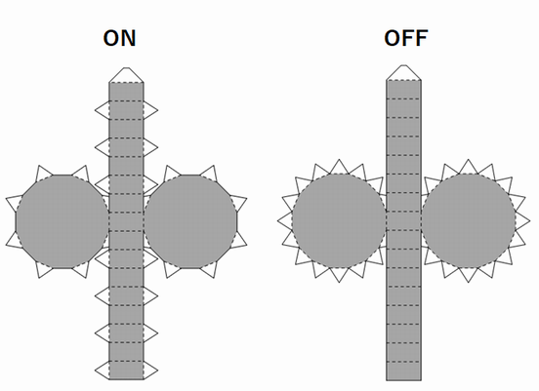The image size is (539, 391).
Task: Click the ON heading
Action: (120, 38)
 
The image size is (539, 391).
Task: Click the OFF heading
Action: (406, 38)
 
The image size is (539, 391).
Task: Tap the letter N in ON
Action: (128, 38)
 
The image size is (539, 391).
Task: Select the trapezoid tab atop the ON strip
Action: (126, 75)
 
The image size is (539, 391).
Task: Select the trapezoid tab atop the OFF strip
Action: (403, 72)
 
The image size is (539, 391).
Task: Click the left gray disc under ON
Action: (62, 221)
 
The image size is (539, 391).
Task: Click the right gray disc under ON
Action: (190, 221)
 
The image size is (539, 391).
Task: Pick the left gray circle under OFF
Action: (339, 220)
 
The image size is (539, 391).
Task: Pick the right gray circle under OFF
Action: (468, 220)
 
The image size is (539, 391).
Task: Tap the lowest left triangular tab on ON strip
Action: (104, 371)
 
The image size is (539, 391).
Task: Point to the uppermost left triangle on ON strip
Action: (104, 110)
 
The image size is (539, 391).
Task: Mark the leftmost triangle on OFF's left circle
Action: (286, 220)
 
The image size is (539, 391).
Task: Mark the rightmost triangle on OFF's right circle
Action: (521, 220)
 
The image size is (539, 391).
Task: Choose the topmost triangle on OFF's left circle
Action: (339, 168)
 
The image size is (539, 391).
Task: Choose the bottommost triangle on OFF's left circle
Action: (339, 274)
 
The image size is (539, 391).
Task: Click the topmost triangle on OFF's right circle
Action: (468, 168)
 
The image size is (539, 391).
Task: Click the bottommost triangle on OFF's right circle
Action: (468, 274)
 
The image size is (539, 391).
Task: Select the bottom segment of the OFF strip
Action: (403, 371)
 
